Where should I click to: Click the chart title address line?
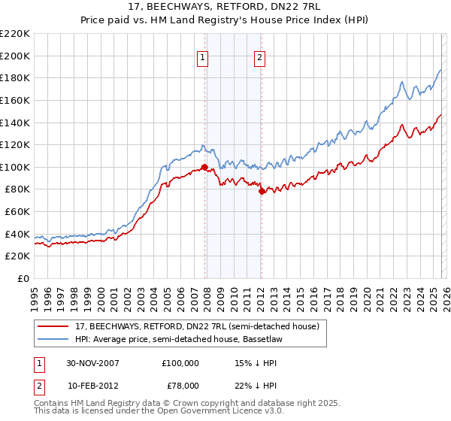225,8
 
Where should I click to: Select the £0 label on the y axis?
22,278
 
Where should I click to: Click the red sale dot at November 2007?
205,168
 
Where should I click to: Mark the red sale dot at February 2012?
262,192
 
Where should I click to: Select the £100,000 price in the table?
180,362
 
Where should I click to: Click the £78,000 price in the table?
180,385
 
